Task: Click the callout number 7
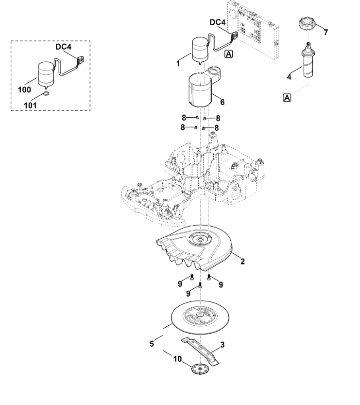click(326, 32)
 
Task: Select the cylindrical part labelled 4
click(308, 62)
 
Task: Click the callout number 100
click(24, 89)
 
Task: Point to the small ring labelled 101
click(46, 93)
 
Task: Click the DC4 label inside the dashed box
click(64, 47)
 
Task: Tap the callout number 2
click(242, 261)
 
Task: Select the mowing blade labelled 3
click(201, 352)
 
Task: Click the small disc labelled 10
click(199, 369)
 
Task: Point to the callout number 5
click(152, 344)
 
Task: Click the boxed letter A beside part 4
click(287, 98)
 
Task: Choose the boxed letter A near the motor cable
click(229, 54)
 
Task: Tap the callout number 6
click(222, 102)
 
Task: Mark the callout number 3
click(222, 345)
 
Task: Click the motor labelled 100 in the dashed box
click(46, 75)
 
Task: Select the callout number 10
click(177, 359)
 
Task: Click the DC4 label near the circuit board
click(218, 22)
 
